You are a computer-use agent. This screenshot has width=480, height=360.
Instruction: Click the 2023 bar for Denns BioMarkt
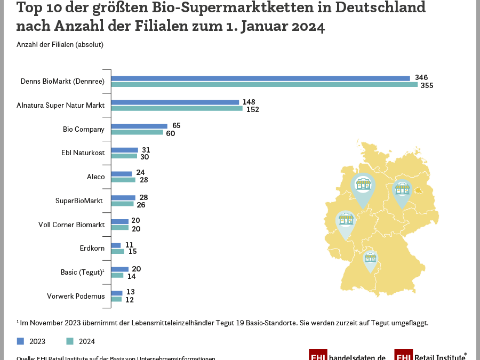click(260, 78)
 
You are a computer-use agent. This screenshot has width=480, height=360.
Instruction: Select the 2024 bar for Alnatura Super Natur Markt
click(177, 109)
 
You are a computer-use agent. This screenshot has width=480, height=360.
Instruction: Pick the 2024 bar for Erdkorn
click(117, 251)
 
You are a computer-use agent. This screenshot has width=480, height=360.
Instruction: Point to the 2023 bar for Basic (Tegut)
click(119, 269)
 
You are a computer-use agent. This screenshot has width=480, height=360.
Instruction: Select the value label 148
click(249, 102)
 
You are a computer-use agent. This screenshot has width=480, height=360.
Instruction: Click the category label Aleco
click(95, 177)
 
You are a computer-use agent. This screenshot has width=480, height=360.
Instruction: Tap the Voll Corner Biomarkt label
click(71, 225)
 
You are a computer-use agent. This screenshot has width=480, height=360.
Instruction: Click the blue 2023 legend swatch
click(20, 341)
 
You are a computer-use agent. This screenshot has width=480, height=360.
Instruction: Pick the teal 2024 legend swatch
click(70, 341)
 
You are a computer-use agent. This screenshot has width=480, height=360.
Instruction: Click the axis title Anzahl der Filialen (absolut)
click(60, 45)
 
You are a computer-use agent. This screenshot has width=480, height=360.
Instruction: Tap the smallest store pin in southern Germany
click(370, 260)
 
